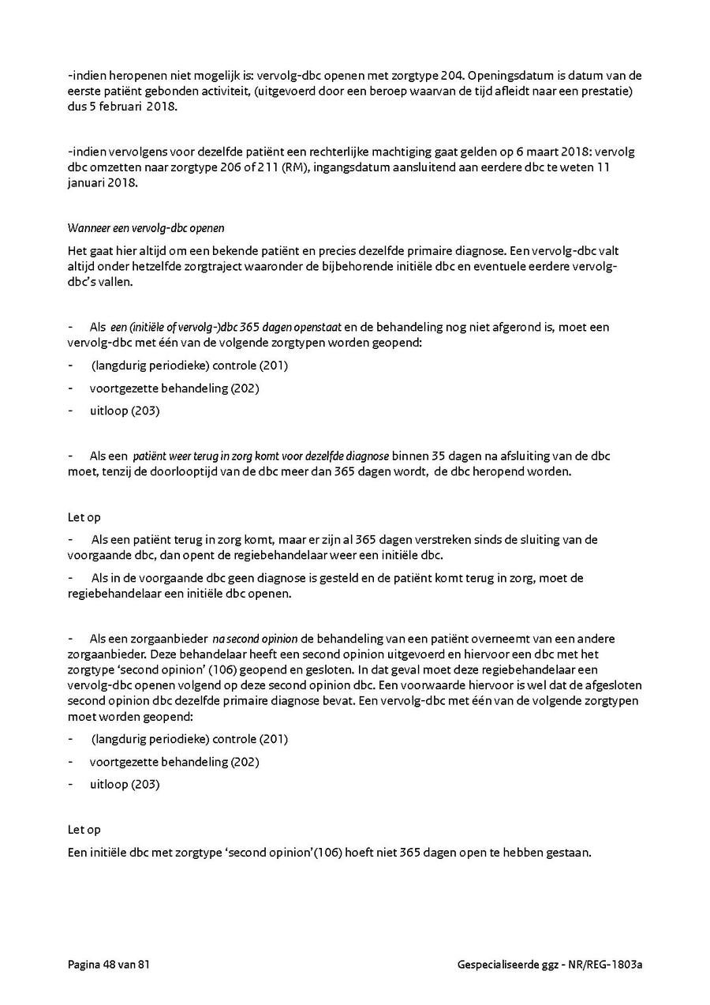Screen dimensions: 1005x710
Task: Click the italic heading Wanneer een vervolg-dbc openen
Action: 146,228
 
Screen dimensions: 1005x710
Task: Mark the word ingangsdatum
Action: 342,167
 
